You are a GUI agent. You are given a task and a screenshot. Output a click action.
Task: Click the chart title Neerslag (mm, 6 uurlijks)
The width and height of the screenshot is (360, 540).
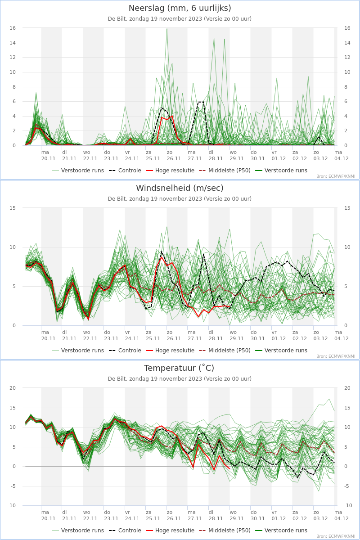click(x=180, y=8)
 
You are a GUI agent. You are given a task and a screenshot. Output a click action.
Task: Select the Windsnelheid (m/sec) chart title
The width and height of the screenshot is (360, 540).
click(x=180, y=188)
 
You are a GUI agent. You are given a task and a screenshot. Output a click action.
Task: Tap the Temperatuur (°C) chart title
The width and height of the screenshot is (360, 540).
click(x=179, y=368)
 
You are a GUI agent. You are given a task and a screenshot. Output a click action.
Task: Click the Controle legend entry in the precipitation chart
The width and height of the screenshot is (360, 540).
click(x=125, y=171)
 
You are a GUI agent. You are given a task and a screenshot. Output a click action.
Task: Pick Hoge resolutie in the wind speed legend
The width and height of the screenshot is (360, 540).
click(x=170, y=350)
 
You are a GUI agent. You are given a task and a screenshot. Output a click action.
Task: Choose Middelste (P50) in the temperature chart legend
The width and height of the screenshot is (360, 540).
click(x=225, y=531)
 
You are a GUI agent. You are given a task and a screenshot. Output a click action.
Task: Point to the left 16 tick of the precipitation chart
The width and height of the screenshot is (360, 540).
click(x=13, y=28)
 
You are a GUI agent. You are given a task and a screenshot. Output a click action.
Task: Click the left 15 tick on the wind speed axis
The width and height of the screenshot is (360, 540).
click(x=13, y=208)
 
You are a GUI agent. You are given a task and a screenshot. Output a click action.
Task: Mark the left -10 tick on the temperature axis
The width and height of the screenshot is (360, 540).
click(x=12, y=505)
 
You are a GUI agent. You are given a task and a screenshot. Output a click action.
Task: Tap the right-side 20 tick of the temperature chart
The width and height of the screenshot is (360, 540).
click(x=347, y=388)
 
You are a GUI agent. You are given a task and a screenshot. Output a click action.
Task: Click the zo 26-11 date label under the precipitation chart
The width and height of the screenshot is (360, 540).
click(x=174, y=155)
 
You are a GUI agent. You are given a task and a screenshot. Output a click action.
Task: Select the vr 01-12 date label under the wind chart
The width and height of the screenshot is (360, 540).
click(x=279, y=335)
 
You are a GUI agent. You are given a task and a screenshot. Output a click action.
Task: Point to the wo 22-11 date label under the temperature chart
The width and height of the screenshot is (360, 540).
click(x=90, y=515)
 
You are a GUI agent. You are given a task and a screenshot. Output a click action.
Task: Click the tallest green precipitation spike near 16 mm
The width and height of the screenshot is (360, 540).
click(x=166, y=29)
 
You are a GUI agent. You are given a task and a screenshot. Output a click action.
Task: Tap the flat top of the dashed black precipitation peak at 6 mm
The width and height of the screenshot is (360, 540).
click(x=201, y=102)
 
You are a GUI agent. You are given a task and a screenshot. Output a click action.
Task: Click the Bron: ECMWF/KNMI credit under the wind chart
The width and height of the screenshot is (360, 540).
click(x=336, y=356)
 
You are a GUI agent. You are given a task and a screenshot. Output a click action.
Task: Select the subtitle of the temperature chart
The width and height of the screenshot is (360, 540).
click(x=180, y=379)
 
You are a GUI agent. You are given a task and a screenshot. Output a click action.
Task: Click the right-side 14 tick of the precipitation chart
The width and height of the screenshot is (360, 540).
click(x=347, y=43)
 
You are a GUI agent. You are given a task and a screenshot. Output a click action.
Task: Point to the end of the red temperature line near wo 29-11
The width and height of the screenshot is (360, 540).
click(x=229, y=468)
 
